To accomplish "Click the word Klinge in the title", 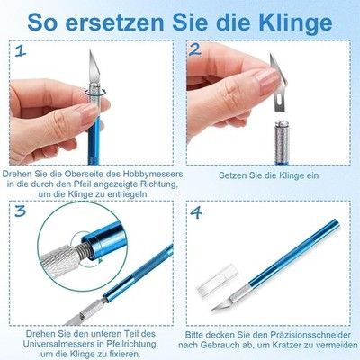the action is click(x=296, y=22).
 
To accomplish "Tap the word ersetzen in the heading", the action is click(x=115, y=23).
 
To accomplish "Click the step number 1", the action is click(x=21, y=51).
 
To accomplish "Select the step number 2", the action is click(x=194, y=50).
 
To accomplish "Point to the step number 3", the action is click(x=21, y=211).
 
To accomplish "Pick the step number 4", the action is click(x=196, y=212).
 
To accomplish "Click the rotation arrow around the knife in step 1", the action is click(x=95, y=92).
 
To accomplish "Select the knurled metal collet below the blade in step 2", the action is click(x=283, y=141).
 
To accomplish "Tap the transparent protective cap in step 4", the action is click(x=216, y=279).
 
